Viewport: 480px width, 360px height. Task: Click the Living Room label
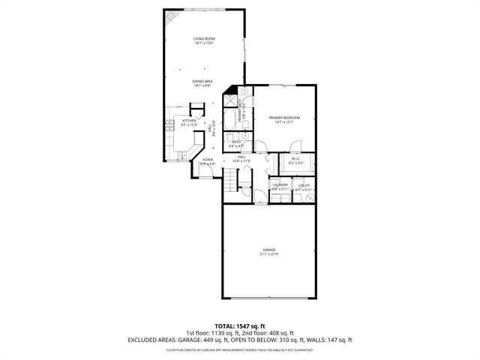click(203, 38)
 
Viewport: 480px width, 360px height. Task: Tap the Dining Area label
click(203, 81)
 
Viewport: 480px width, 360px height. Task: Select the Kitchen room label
click(189, 121)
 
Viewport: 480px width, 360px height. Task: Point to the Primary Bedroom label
click(284, 118)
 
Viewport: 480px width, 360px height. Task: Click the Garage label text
click(268, 249)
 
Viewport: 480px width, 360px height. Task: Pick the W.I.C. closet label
click(295, 158)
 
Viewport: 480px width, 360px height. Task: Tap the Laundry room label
click(280, 184)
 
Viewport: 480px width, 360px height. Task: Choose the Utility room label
click(303, 184)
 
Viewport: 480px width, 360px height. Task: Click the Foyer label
click(208, 159)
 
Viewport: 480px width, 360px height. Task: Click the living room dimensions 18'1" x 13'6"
click(203, 43)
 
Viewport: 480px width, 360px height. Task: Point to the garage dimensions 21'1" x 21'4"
click(268, 254)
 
